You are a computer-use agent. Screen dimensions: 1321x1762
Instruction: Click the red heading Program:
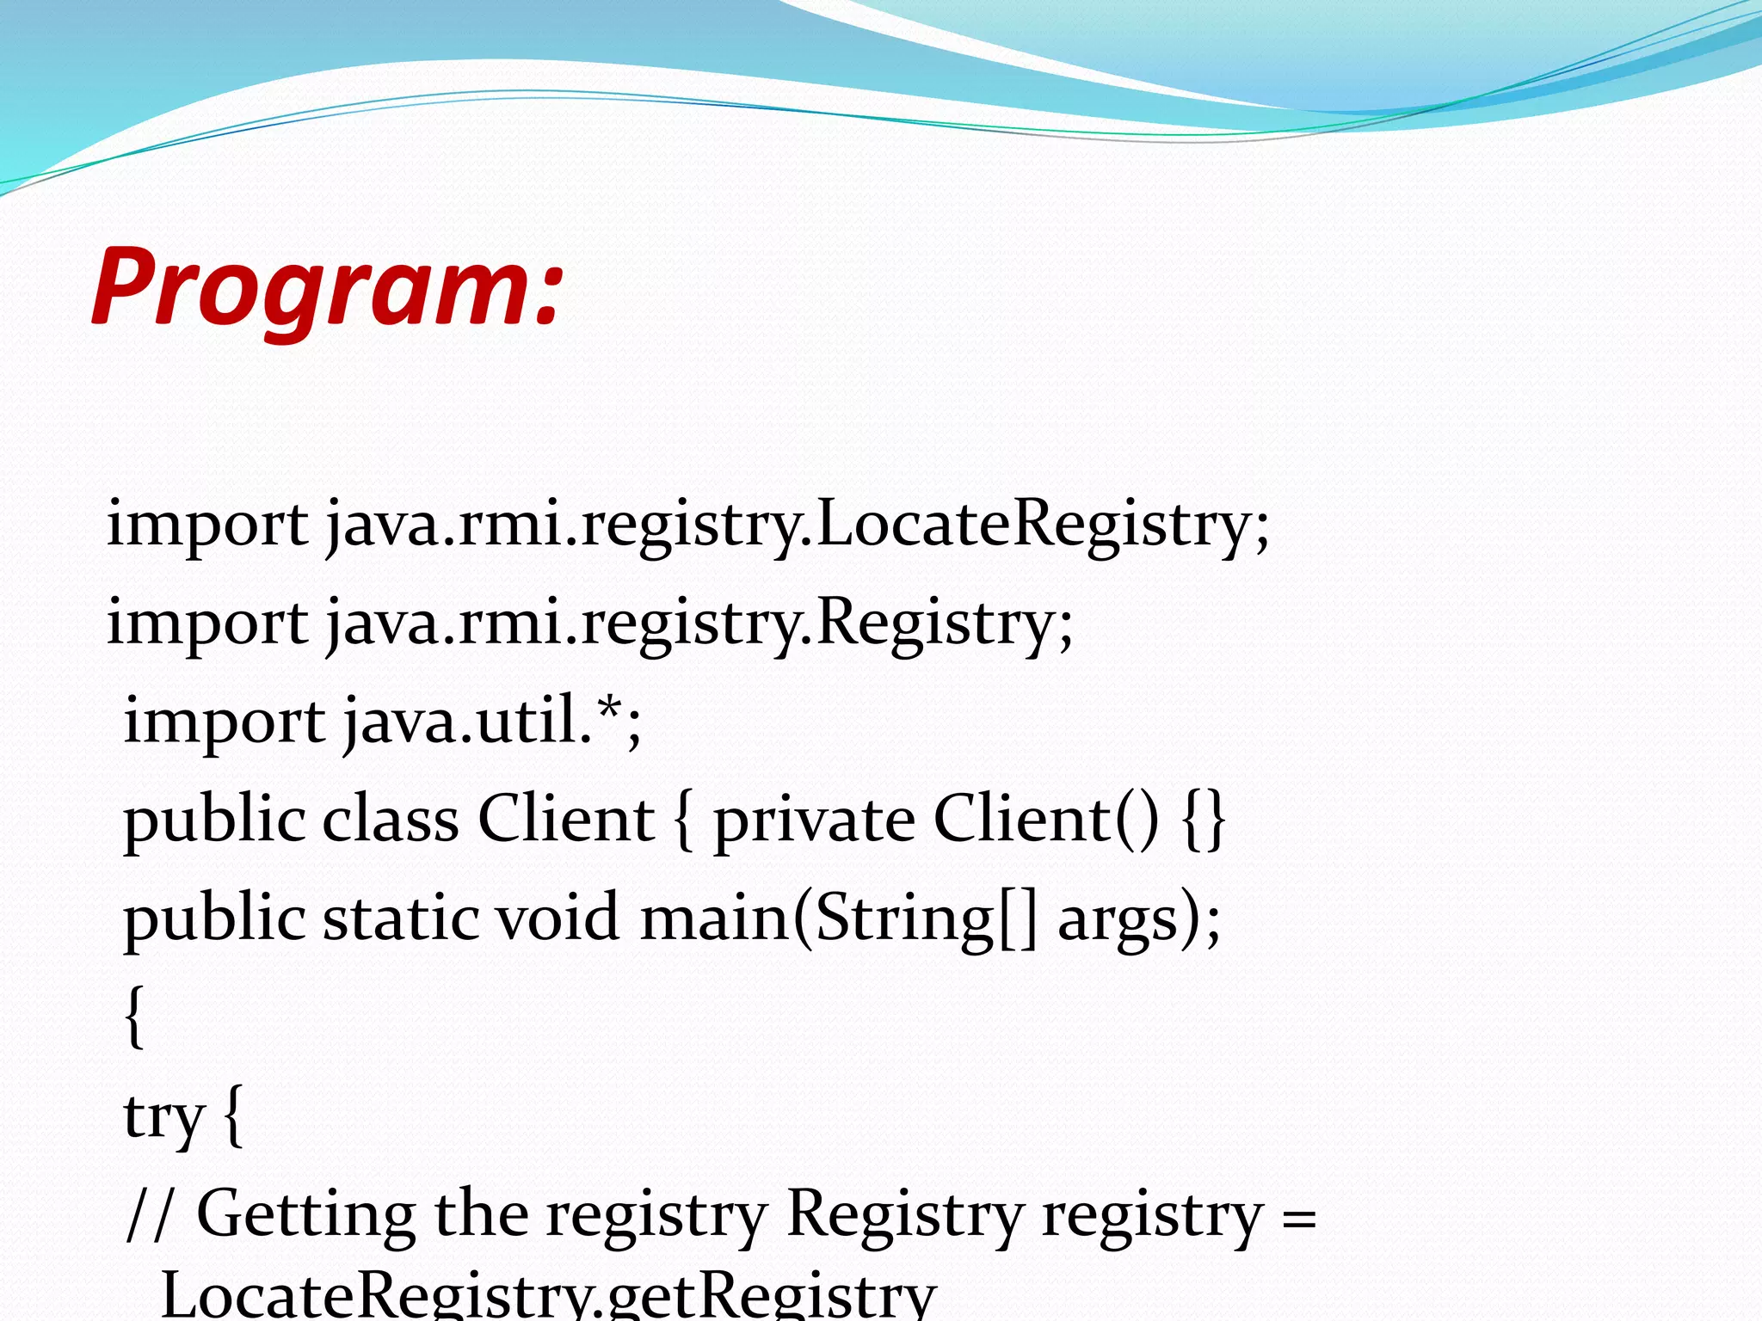click(x=327, y=288)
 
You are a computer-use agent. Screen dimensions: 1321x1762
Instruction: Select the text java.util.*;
click(x=492, y=721)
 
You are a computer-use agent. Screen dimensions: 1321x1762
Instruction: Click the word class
click(x=391, y=819)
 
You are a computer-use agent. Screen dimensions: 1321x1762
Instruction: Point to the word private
click(x=814, y=819)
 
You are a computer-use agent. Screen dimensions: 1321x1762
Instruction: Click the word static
click(x=399, y=918)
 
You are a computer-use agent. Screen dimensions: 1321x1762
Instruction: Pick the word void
click(x=558, y=918)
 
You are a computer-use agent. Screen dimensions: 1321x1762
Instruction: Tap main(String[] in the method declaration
click(x=839, y=919)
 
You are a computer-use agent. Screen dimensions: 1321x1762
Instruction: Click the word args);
click(x=1138, y=919)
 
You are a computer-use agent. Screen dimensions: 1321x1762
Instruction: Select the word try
click(x=163, y=1117)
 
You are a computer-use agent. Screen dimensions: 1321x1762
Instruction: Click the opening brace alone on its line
click(x=134, y=1017)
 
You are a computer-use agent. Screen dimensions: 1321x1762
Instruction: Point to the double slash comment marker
click(x=150, y=1214)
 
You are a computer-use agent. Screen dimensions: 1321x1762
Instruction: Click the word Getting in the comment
click(x=306, y=1214)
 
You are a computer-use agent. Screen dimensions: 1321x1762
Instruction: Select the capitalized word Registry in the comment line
click(x=904, y=1214)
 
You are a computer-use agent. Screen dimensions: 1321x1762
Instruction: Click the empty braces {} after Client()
click(x=1204, y=819)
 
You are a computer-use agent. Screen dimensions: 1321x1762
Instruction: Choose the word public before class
click(x=213, y=819)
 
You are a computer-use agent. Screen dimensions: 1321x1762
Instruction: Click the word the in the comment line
click(x=481, y=1214)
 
